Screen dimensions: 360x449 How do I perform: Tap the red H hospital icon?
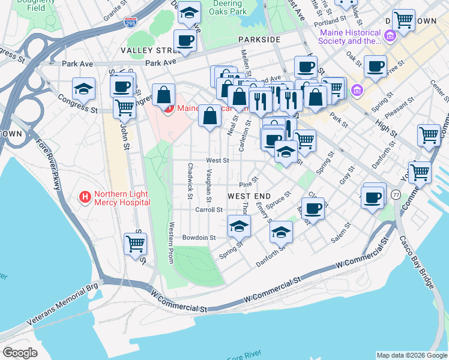[x=85, y=197]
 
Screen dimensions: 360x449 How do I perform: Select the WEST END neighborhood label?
[x=250, y=196]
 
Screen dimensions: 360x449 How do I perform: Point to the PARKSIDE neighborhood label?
[x=259, y=39]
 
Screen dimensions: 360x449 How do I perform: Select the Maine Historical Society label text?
[x=351, y=37]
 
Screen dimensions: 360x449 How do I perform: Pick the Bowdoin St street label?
[x=199, y=238]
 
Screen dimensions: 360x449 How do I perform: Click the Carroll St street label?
[x=209, y=210]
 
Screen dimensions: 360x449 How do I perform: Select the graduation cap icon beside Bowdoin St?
[x=239, y=226]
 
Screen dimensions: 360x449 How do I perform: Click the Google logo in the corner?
[x=20, y=352]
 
